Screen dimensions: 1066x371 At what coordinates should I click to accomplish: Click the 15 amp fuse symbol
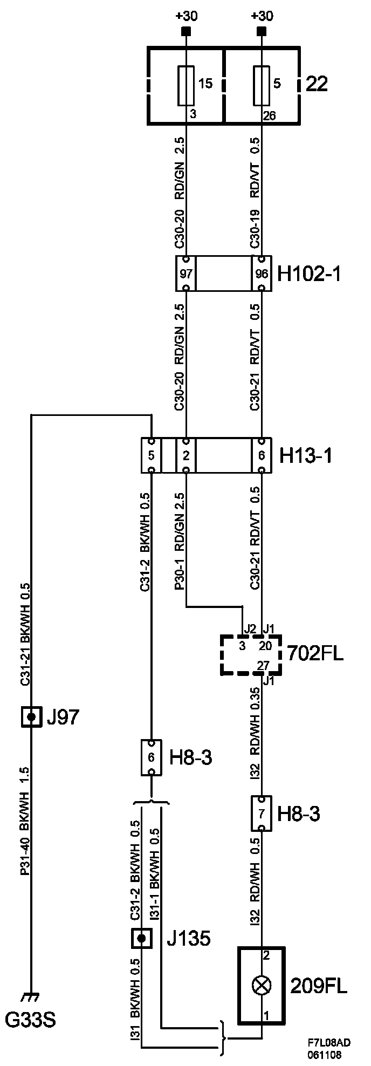click(x=186, y=85)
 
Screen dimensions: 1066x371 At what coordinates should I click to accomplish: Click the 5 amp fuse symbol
click(x=262, y=85)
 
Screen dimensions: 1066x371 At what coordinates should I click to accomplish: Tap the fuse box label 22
click(x=317, y=84)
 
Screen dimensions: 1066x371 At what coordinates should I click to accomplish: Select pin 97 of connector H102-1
click(x=186, y=274)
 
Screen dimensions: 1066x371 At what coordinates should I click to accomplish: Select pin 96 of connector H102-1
click(x=262, y=274)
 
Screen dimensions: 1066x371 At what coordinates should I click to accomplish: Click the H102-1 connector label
click(x=309, y=274)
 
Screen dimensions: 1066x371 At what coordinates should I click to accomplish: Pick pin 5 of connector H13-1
click(x=151, y=455)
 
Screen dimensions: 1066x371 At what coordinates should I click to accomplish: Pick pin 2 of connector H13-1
click(x=186, y=455)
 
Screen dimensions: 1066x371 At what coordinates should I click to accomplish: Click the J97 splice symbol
click(x=32, y=717)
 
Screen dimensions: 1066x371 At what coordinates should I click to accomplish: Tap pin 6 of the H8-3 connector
click(x=151, y=757)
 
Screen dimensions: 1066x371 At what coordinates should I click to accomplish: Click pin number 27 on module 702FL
click(x=263, y=666)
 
